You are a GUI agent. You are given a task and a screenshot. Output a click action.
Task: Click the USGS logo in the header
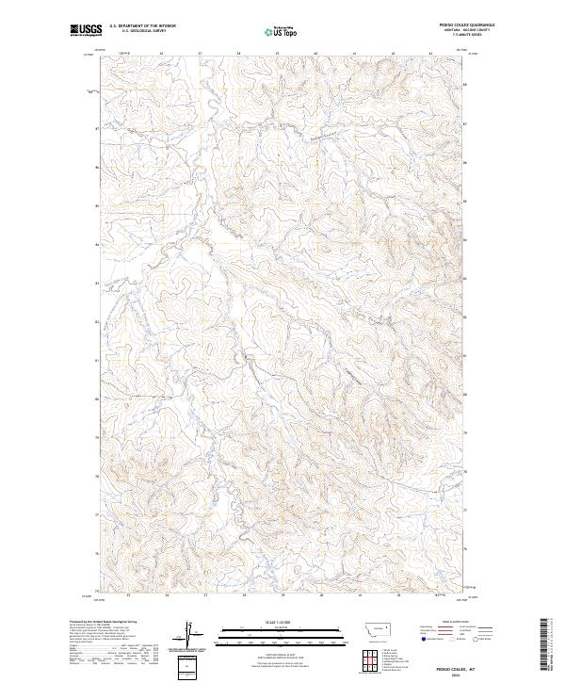tap(84, 31)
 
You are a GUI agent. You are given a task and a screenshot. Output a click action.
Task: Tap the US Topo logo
tap(282, 31)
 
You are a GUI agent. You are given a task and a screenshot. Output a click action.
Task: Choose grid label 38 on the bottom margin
tap(244, 595)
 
